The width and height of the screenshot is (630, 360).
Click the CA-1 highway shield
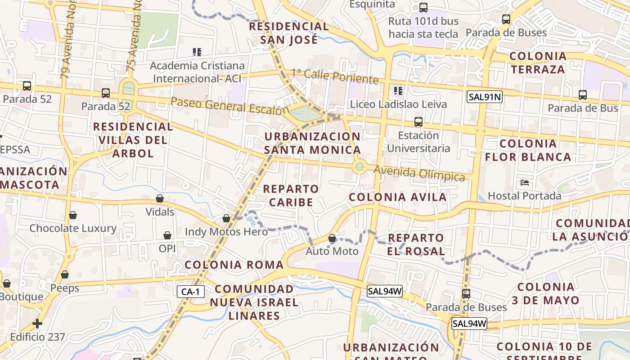(191, 292)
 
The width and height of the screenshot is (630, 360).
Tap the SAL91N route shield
(484, 96)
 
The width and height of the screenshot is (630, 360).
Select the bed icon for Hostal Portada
(524, 183)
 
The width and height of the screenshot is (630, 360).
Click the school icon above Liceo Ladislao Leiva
(398, 91)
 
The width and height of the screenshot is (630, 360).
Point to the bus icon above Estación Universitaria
(418, 122)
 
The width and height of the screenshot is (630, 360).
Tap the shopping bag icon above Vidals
(159, 198)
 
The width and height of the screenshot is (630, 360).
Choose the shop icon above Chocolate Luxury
(73, 215)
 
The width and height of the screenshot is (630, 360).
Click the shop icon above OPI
(167, 235)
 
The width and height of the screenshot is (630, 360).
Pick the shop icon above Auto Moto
(332, 238)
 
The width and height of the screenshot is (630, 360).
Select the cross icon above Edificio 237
(37, 323)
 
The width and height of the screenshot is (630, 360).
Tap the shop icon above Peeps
(65, 274)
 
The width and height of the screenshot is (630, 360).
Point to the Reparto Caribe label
(291, 195)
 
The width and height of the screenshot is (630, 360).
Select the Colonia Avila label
(398, 197)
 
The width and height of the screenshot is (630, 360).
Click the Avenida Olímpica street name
(419, 173)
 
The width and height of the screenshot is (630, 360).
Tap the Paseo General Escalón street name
(229, 106)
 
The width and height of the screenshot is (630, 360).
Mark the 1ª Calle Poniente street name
(334, 76)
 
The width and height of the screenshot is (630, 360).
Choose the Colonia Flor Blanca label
(528, 150)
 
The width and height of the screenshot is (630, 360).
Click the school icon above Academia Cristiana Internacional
(197, 52)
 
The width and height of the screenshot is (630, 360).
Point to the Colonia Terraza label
(537, 63)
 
